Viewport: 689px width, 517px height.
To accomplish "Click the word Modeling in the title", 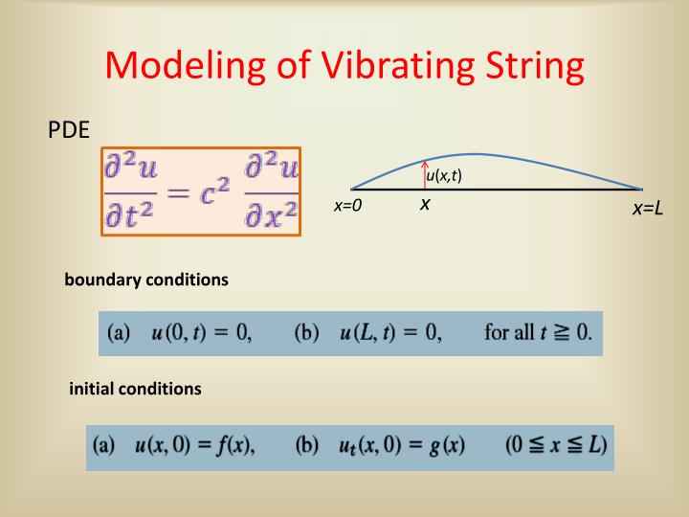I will click(183, 68).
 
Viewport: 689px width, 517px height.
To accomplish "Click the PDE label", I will click(68, 130).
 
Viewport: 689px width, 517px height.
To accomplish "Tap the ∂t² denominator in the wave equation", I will click(131, 217).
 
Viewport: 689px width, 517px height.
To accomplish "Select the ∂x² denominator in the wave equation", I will click(271, 217).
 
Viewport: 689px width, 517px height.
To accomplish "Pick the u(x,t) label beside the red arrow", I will click(445, 174).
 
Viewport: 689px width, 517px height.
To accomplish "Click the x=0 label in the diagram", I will click(347, 206).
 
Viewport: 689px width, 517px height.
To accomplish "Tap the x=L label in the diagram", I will click(648, 209).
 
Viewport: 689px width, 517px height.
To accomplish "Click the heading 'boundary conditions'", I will click(146, 281).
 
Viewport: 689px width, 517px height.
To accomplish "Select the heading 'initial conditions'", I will click(136, 390).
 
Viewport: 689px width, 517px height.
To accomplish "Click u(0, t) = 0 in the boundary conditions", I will click(201, 333).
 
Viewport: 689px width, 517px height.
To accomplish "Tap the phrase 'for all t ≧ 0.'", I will click(538, 333).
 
